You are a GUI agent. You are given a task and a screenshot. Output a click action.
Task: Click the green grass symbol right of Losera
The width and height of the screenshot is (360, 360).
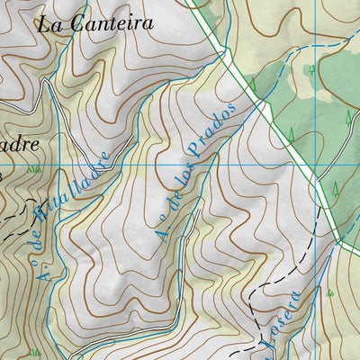[x=330, y=293]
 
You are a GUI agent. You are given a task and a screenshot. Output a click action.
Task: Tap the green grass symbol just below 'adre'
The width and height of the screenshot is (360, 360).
[x=33, y=168]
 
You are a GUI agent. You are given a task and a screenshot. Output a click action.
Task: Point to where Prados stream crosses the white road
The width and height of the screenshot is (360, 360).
[x=264, y=105]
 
